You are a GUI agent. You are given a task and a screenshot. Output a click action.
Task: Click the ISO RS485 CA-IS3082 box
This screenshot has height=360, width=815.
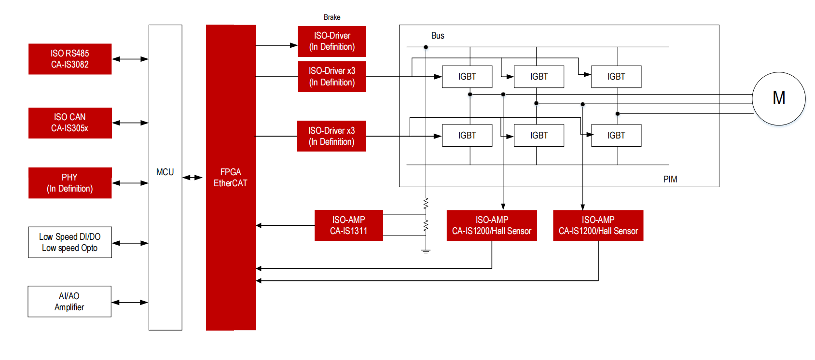point(70,59)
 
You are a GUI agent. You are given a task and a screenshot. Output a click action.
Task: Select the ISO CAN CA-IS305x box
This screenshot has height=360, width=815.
point(70,123)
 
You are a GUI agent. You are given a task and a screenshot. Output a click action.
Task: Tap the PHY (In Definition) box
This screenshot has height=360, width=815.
point(70,183)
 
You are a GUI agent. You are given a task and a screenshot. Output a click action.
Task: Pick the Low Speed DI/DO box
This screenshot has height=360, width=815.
point(70,242)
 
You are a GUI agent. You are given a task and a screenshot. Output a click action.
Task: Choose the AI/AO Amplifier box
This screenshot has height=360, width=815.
point(69,302)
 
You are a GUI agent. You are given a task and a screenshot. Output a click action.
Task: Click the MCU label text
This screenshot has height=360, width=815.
point(165,172)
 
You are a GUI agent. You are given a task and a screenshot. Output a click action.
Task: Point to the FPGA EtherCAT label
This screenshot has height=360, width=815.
point(231,178)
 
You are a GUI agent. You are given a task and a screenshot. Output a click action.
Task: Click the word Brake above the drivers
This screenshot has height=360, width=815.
point(332,17)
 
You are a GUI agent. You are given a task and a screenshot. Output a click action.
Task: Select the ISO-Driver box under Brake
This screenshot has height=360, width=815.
point(332,42)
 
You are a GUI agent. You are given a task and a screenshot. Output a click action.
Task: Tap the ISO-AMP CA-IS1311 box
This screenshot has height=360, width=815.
point(348,225)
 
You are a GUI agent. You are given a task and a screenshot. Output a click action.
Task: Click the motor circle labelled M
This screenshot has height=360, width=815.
point(779,98)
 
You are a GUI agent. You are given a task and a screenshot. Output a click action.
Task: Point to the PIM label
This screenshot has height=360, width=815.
point(670,180)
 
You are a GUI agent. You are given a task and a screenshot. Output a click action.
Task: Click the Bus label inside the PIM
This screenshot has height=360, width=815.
point(438,36)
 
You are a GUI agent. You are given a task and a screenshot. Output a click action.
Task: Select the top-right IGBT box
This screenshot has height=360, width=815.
point(616,77)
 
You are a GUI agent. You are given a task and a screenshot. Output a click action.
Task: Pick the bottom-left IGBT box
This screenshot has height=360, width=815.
point(467,136)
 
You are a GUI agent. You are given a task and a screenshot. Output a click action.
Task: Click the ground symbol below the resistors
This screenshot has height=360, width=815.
point(426,251)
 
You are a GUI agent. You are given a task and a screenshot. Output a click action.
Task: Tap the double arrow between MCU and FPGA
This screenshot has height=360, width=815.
point(193,178)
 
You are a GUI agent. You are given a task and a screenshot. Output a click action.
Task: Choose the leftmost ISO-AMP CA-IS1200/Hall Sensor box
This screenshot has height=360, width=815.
point(492,225)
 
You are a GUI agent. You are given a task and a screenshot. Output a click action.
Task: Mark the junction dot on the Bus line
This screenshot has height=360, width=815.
point(426,47)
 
